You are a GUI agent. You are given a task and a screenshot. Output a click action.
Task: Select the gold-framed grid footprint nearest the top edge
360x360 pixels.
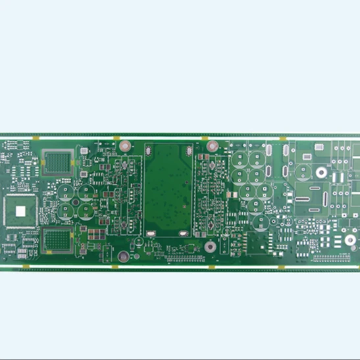pos(57,162)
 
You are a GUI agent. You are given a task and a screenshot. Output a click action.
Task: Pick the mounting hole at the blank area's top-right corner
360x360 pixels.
pos(212,145)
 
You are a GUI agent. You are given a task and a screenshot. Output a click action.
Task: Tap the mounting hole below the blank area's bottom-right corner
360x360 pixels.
pos(209,247)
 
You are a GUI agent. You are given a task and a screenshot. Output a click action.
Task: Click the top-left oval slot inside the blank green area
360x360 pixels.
pos(149,151)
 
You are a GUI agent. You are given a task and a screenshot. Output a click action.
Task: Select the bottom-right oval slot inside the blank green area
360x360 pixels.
pos(182,232)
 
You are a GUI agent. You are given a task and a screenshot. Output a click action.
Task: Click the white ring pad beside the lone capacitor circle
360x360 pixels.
pos(321,172)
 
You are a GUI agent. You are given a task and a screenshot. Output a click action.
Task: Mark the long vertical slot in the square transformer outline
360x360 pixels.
pos(326,200)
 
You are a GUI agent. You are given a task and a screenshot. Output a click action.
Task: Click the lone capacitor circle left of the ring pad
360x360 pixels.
pos(303,172)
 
